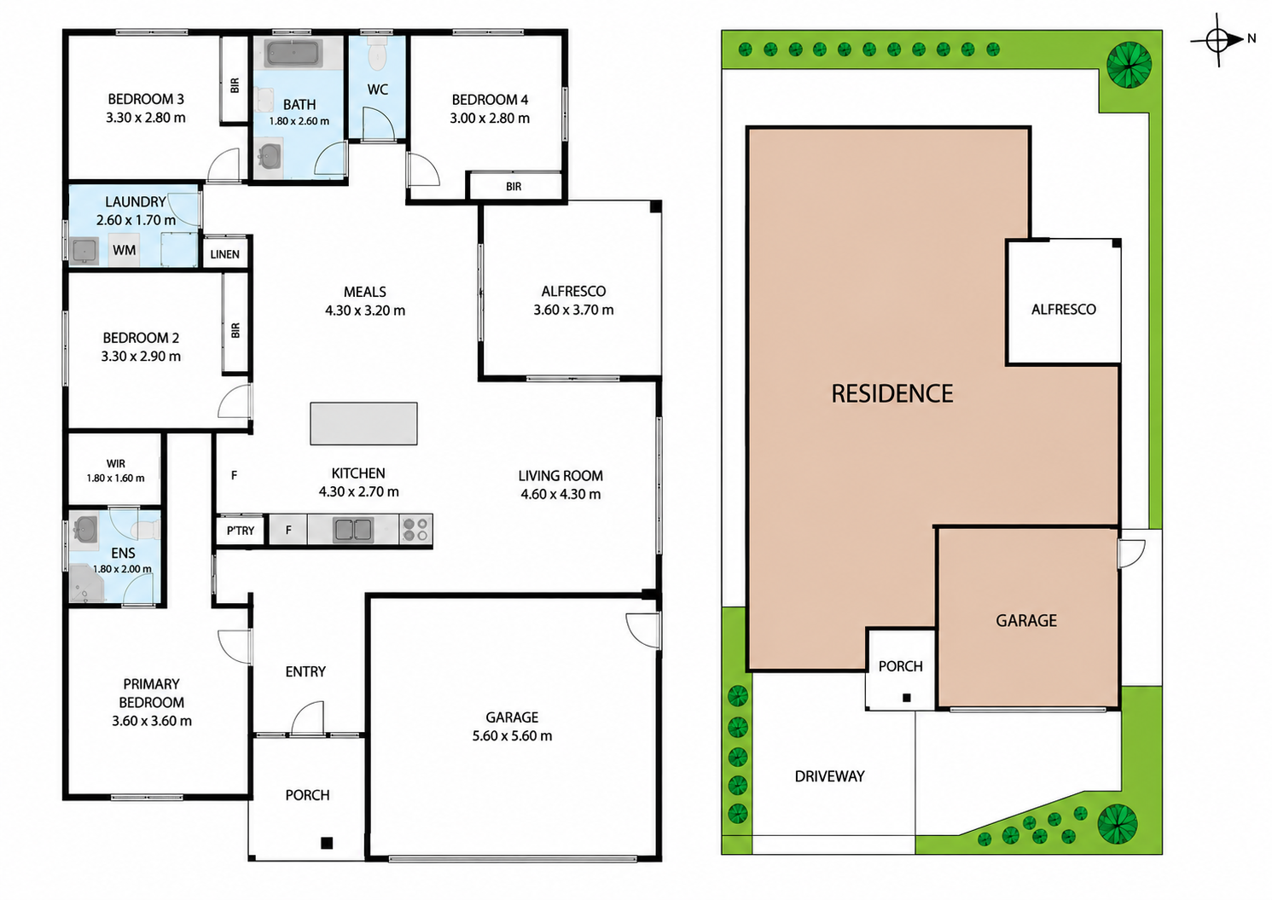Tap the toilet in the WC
click(x=377, y=52)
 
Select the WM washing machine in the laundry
click(x=125, y=250)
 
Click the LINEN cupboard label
click(x=225, y=254)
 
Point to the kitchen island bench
click(x=363, y=424)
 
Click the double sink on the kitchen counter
click(x=353, y=530)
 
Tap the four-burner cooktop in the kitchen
click(x=415, y=530)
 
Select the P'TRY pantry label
click(x=241, y=531)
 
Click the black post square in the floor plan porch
click(x=327, y=843)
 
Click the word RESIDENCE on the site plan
click(x=892, y=393)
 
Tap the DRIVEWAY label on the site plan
click(x=829, y=776)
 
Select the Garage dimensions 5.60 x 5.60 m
click(x=512, y=736)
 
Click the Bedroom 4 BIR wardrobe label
click(x=514, y=186)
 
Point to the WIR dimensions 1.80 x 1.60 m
click(x=116, y=478)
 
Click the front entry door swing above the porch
click(x=307, y=718)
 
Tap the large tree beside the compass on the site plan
click(x=1130, y=65)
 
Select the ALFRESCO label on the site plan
click(x=1064, y=310)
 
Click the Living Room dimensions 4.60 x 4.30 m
click(x=560, y=494)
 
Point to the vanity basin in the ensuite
click(x=85, y=530)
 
